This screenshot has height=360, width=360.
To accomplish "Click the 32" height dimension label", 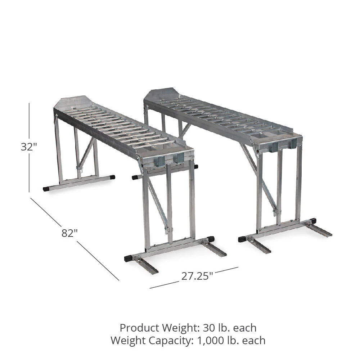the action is point(29,147).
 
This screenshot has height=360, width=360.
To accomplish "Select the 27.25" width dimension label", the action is point(197,276).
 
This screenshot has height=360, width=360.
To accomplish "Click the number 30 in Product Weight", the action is point(208,328).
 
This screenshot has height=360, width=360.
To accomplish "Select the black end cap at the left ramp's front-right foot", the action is point(210,239).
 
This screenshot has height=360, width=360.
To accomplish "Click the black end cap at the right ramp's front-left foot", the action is point(242,239).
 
